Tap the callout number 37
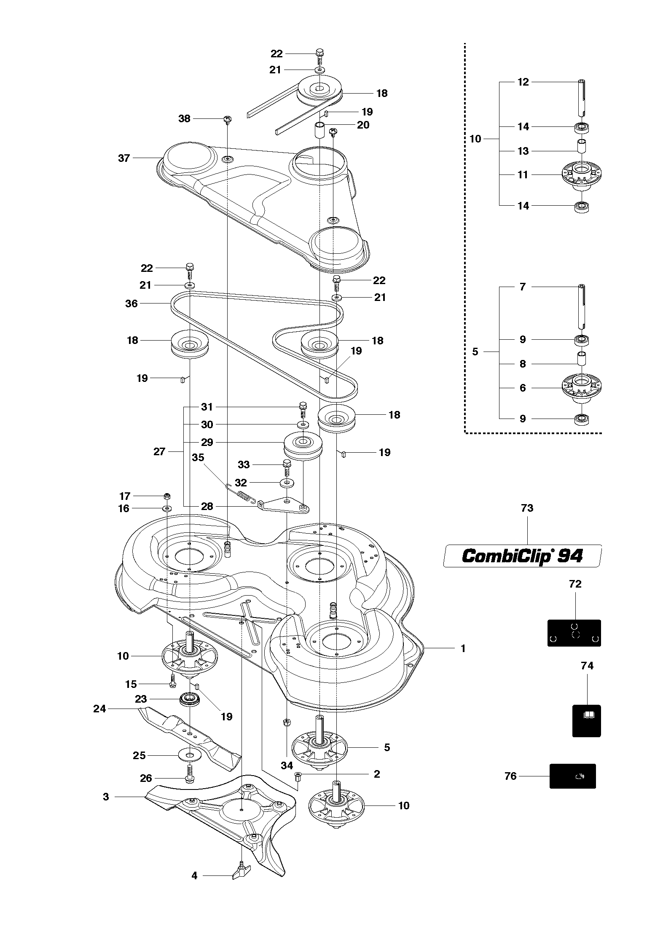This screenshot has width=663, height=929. tap(124, 158)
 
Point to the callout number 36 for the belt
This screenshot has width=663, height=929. tap(132, 303)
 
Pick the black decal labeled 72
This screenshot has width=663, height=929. tap(574, 633)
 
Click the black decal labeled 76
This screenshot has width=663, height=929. tap(572, 776)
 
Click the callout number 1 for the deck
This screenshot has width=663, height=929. tap(463, 648)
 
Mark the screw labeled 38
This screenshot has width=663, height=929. tap(228, 119)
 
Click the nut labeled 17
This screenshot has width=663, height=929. tap(167, 496)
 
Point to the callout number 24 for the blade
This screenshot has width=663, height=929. tap(99, 709)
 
